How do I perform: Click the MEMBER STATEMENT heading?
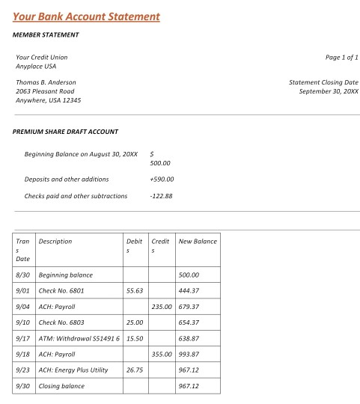pyautogui.click(x=46, y=34)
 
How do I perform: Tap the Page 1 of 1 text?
pyautogui.click(x=342, y=57)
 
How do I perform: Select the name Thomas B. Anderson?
pyautogui.click(x=46, y=82)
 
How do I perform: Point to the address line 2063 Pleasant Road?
pyautogui.click(x=45, y=91)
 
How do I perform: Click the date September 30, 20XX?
pyautogui.click(x=329, y=91)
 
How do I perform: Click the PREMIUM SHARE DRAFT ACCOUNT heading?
pyautogui.click(x=66, y=132)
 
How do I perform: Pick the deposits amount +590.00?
pyautogui.click(x=162, y=179)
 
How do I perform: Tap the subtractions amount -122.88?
pyautogui.click(x=161, y=196)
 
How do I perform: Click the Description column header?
pyautogui.click(x=55, y=242)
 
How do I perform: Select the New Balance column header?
pyautogui.click(x=198, y=242)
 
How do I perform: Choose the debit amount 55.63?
pyautogui.click(x=135, y=290)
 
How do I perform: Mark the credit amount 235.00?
pyautogui.click(x=162, y=306)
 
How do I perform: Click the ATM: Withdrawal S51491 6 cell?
pyautogui.click(x=79, y=338)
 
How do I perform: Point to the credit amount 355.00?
pyautogui.click(x=162, y=354)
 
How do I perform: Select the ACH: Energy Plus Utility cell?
pyautogui.click(x=78, y=370)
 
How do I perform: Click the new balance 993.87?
pyautogui.click(x=189, y=354)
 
